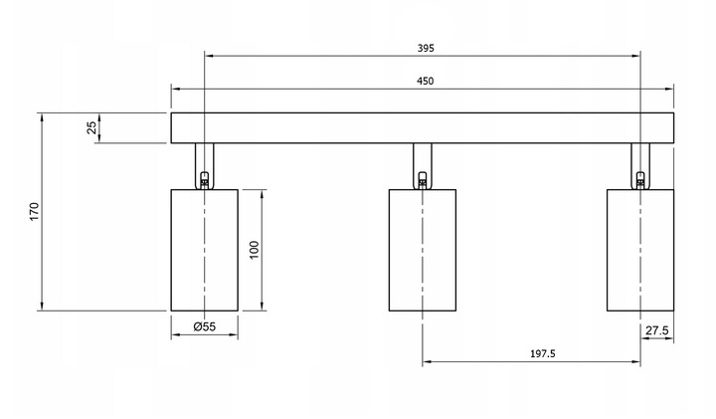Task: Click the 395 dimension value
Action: (426, 48)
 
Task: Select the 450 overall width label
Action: (426, 82)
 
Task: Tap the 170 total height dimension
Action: (35, 212)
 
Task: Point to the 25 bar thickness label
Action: (91, 127)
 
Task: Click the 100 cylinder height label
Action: (255, 250)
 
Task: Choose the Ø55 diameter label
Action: (204, 326)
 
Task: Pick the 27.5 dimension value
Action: (656, 330)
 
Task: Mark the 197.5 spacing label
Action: (543, 353)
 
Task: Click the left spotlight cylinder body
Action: (205, 251)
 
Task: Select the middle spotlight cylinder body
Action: (423, 251)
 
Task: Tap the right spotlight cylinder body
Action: (640, 251)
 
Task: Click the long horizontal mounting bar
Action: (423, 128)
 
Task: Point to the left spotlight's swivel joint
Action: (205, 180)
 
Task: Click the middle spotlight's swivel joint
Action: (423, 180)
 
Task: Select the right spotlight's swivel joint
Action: (640, 180)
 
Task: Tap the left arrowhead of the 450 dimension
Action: (175, 89)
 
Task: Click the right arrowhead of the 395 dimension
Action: (636, 56)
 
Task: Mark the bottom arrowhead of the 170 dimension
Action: (42, 307)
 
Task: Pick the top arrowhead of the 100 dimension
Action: (263, 194)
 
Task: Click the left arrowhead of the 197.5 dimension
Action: (427, 362)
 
